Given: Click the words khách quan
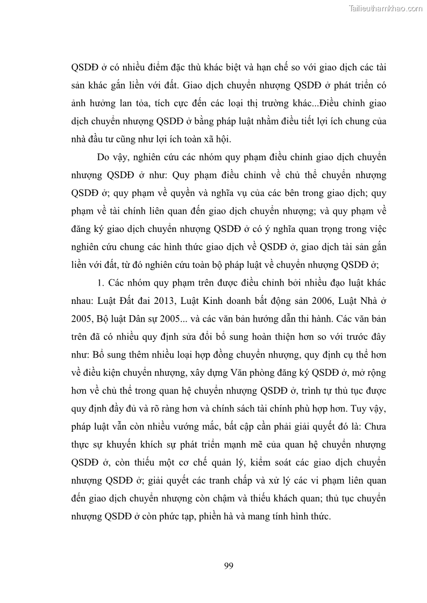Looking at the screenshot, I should point(310,499).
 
